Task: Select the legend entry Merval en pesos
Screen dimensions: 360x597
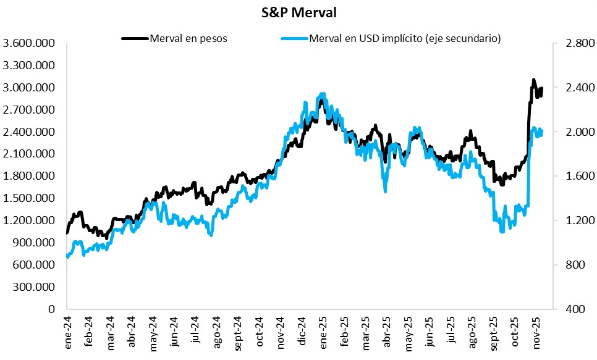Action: click(188, 38)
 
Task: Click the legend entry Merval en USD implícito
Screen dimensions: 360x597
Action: click(405, 38)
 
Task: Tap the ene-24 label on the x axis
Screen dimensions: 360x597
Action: click(69, 333)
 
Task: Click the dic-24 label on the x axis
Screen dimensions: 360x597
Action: click(302, 333)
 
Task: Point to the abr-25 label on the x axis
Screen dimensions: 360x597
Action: click(387, 333)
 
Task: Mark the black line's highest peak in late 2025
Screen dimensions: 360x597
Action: click(533, 80)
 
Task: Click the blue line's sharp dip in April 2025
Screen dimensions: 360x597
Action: click(386, 191)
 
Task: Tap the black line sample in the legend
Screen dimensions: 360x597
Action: click(135, 38)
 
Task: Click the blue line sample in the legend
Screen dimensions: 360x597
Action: click(294, 38)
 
